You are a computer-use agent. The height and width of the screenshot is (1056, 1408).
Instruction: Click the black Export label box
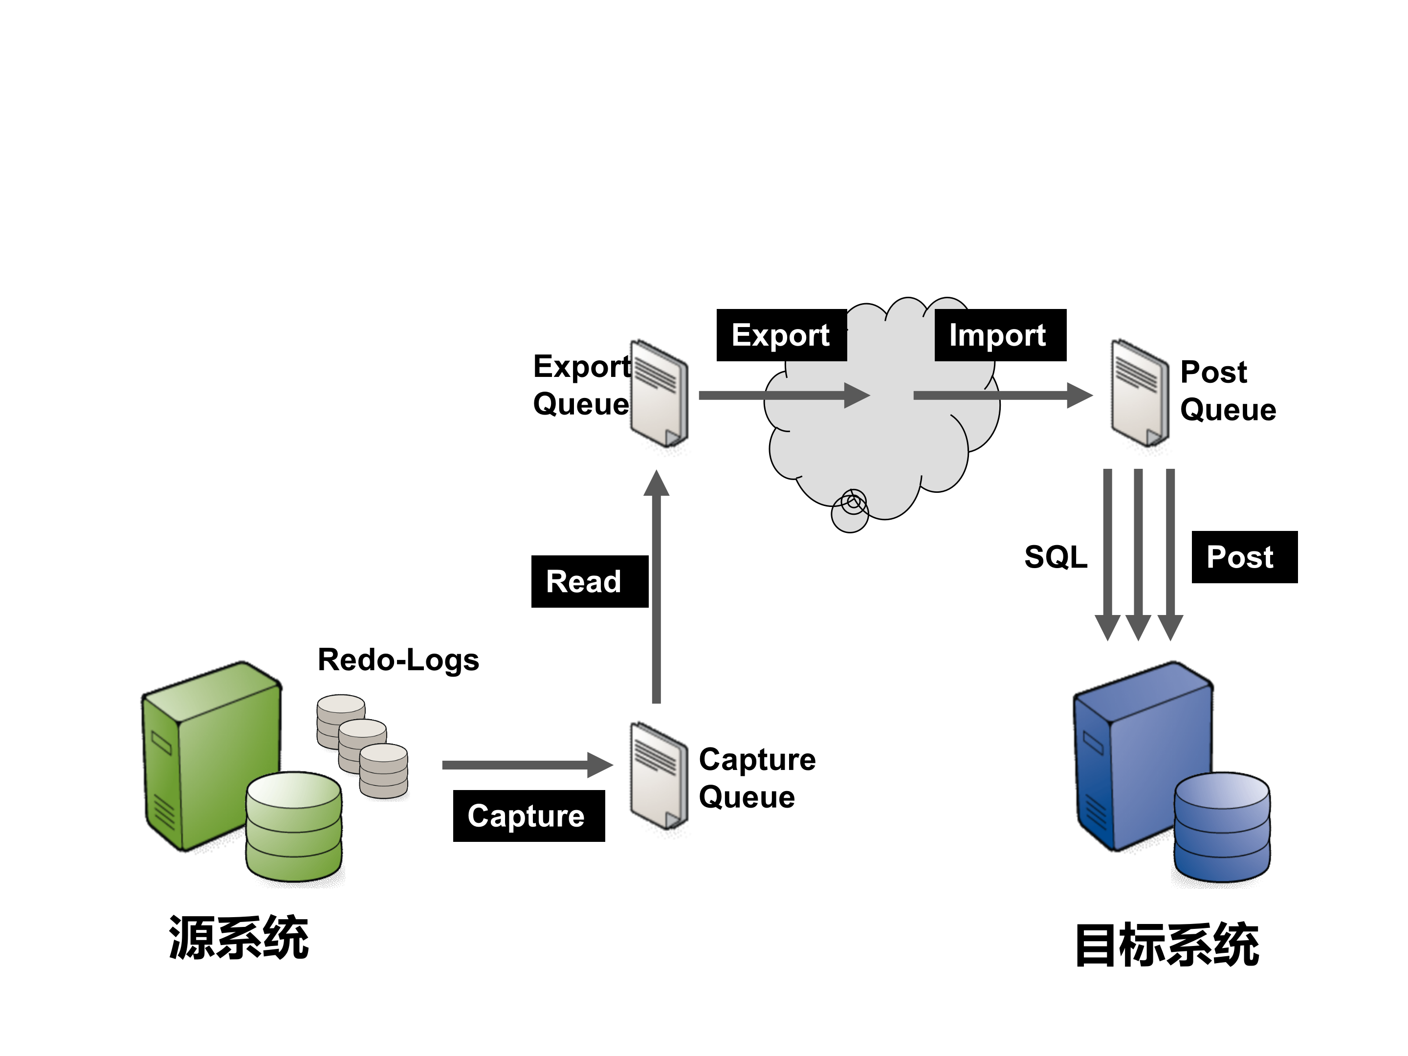(x=781, y=335)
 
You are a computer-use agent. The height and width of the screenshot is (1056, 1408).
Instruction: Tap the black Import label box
(x=999, y=335)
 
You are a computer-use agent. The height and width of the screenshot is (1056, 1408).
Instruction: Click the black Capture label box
(x=528, y=815)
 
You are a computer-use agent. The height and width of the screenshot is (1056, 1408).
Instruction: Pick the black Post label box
(x=1244, y=557)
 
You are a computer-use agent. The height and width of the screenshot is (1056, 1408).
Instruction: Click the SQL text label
(x=1056, y=557)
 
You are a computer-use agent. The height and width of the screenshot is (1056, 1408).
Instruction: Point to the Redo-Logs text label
(x=398, y=660)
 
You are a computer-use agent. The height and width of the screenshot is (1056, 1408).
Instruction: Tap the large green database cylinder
(x=294, y=828)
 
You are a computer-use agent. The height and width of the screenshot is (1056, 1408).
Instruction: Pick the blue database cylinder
(x=1222, y=828)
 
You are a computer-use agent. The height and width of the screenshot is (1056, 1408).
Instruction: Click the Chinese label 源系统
(x=238, y=938)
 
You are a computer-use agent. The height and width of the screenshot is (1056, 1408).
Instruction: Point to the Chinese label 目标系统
(x=1167, y=945)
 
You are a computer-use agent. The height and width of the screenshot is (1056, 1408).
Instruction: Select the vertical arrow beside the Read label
(x=656, y=592)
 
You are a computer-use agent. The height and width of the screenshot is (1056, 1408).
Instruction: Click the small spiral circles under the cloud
(x=851, y=509)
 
